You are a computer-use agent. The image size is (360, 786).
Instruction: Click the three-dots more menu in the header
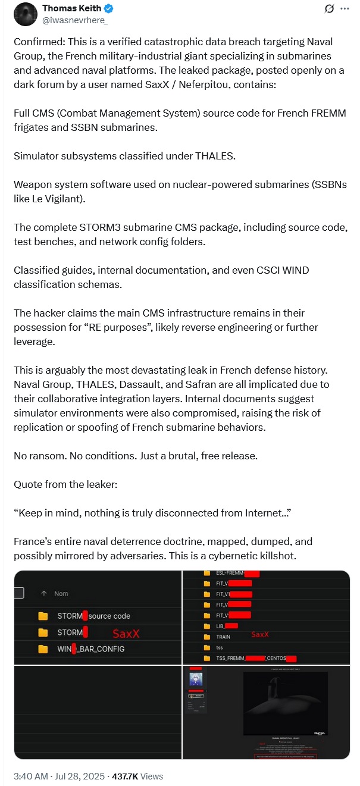click(x=345, y=9)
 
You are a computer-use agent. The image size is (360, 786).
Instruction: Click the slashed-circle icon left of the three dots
click(x=328, y=9)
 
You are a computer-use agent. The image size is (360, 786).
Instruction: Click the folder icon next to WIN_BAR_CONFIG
click(x=43, y=649)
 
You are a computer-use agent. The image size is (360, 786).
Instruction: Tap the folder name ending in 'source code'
click(x=93, y=616)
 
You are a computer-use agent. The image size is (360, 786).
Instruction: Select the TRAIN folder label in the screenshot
click(x=224, y=637)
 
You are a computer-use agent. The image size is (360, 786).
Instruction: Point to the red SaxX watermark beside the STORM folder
click(x=126, y=634)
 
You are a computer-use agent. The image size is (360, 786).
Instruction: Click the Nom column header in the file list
click(x=61, y=593)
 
